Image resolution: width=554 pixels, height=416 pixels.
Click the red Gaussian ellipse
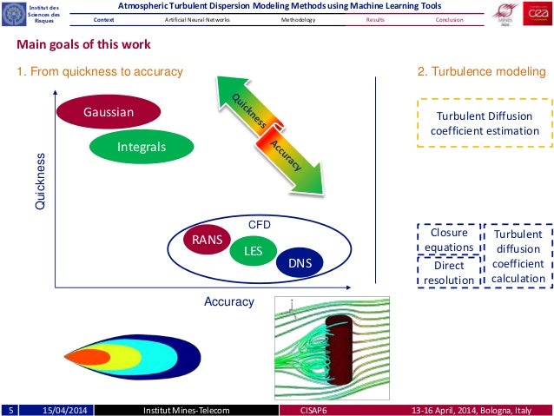point(109,113)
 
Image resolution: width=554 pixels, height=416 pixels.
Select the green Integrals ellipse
point(141,148)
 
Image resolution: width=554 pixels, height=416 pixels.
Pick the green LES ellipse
point(253,252)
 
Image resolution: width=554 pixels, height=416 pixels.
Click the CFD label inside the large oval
point(260,224)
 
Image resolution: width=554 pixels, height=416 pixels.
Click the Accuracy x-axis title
point(228,301)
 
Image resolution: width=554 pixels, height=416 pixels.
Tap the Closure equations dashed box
point(449,240)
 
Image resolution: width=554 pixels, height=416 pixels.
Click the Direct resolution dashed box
point(449,273)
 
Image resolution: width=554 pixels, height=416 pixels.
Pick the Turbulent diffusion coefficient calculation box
point(517,256)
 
